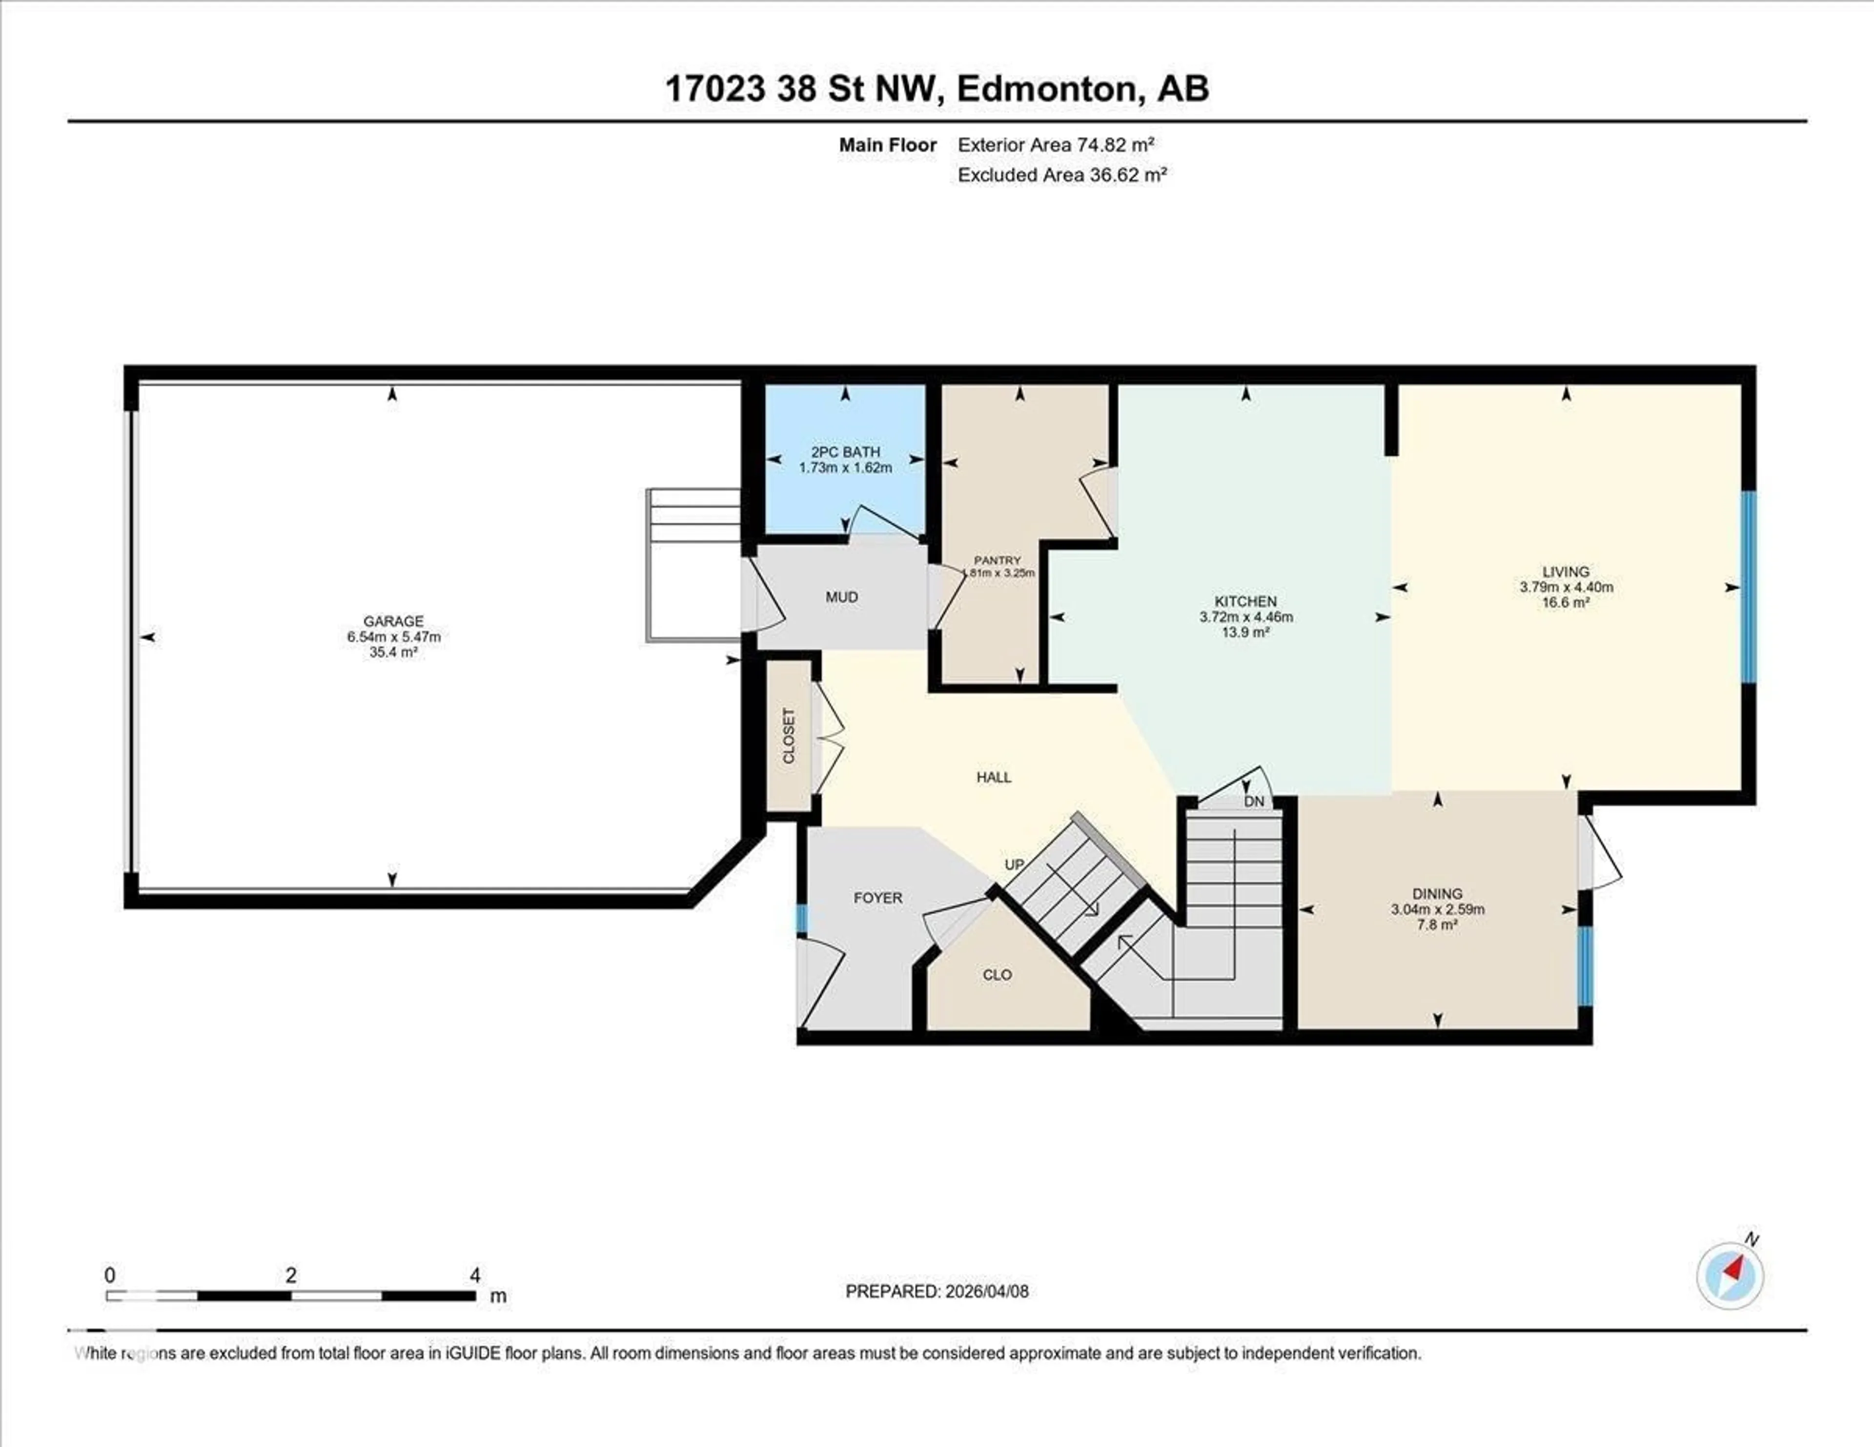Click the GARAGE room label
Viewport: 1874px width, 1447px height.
[393, 621]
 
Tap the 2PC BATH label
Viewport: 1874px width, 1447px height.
[845, 452]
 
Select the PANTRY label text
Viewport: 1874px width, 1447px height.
[997, 560]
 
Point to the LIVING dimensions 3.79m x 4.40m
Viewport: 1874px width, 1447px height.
[1566, 587]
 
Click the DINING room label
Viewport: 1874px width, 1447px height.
[1437, 894]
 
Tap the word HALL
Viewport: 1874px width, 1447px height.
[994, 777]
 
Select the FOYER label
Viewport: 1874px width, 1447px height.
[878, 898]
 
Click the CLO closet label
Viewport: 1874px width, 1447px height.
[997, 975]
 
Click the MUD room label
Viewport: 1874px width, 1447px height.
[841, 597]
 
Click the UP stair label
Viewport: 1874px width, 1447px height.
[1014, 864]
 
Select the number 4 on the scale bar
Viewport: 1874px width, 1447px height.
[474, 1275]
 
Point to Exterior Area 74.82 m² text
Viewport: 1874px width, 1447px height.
[1056, 145]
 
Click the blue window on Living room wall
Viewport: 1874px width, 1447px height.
[1748, 587]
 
